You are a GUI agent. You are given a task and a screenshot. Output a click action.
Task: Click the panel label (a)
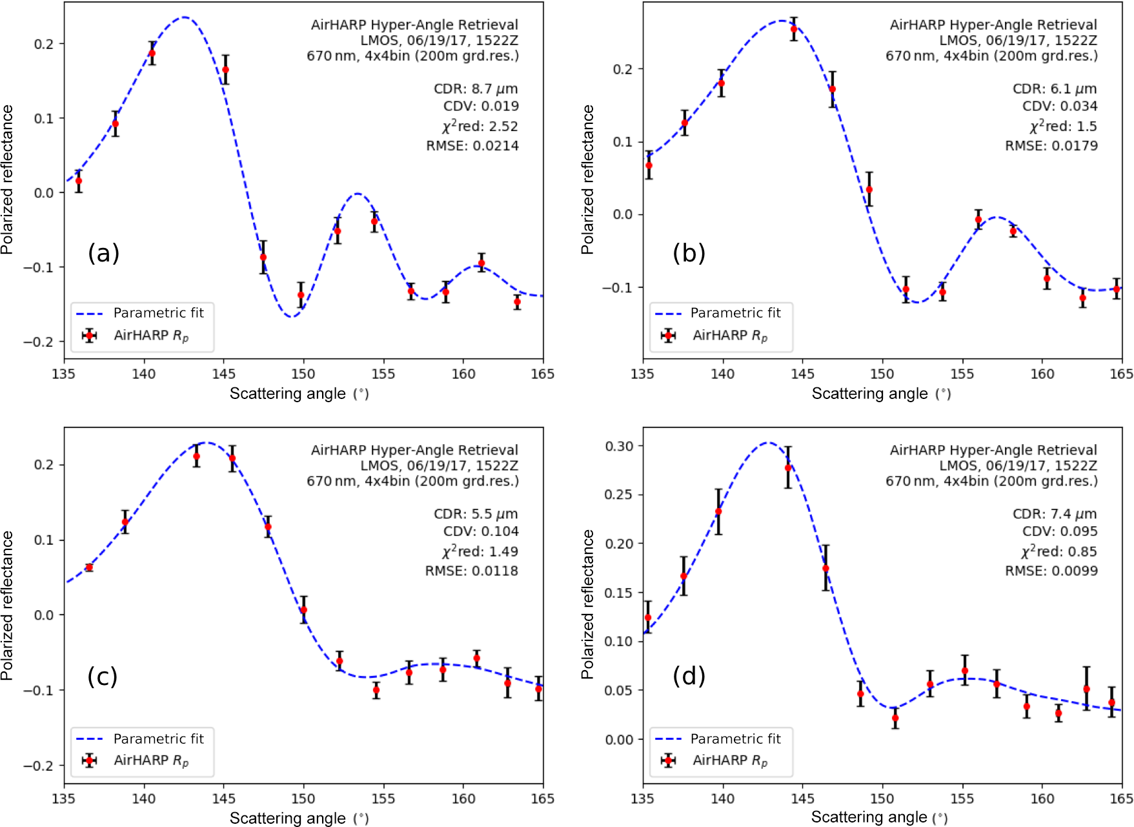tap(103, 252)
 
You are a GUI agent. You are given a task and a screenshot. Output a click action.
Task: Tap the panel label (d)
tap(689, 676)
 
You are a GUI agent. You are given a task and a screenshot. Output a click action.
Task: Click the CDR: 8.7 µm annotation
tap(476, 88)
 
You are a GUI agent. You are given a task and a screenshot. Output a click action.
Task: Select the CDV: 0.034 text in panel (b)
tap(1060, 106)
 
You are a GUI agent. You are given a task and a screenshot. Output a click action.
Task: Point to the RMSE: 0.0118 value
tap(471, 571)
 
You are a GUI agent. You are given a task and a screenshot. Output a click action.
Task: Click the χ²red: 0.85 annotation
tap(1058, 551)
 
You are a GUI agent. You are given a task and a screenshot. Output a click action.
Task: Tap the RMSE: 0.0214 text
tap(472, 146)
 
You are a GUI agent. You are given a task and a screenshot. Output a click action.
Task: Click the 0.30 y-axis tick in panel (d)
tap(619, 446)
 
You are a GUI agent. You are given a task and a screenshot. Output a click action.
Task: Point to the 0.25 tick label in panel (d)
tap(619, 495)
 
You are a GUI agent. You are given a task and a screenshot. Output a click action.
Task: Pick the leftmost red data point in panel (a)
tap(79, 181)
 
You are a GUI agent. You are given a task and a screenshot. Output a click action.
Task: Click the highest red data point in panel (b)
tap(794, 29)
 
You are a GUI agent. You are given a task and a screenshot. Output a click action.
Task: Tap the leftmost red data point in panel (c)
tap(89, 567)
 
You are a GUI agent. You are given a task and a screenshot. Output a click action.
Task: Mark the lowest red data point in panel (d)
tap(895, 718)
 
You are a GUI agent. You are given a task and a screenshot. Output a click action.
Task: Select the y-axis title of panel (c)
tap(8, 606)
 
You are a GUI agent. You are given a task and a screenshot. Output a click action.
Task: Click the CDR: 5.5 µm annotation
tap(476, 514)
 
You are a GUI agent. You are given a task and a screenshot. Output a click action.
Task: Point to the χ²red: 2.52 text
tap(480, 126)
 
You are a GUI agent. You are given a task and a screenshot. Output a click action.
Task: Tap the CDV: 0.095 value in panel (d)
tap(1060, 531)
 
